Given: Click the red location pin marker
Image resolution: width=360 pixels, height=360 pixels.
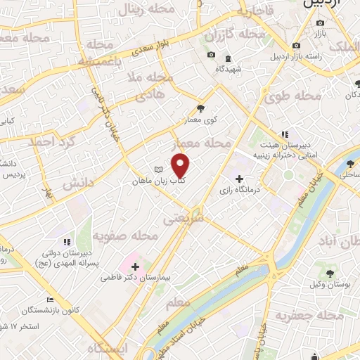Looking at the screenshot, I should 181,166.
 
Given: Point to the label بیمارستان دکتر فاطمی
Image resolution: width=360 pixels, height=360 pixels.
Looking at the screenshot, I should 145,278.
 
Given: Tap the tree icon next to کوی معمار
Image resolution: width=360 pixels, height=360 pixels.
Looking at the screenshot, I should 202,108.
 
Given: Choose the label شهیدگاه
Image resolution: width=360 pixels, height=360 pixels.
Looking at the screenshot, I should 229,68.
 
